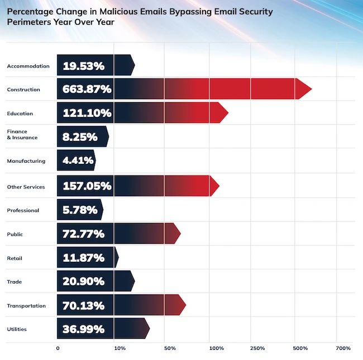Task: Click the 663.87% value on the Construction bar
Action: pyautogui.click(x=87, y=89)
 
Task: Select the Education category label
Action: pyautogui.click(x=20, y=113)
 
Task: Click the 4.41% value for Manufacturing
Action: pyautogui.click(x=75, y=161)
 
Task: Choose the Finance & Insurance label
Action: pyautogui.click(x=22, y=134)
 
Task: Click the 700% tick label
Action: pyautogui.click(x=343, y=348)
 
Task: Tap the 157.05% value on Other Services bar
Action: pyautogui.click(x=87, y=186)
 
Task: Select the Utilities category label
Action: pyautogui.click(x=16, y=329)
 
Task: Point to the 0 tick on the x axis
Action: pyautogui.click(x=58, y=348)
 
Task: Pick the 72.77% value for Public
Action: pyautogui.click(x=83, y=233)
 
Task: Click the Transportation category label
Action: pyautogui.click(x=26, y=306)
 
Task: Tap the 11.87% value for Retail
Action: pyautogui.click(x=83, y=258)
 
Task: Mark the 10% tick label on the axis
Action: pyautogui.click(x=120, y=348)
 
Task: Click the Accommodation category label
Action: pyautogui.click(x=28, y=66)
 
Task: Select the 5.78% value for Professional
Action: pyautogui.click(x=80, y=210)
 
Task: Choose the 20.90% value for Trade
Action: pyautogui.click(x=84, y=281)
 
